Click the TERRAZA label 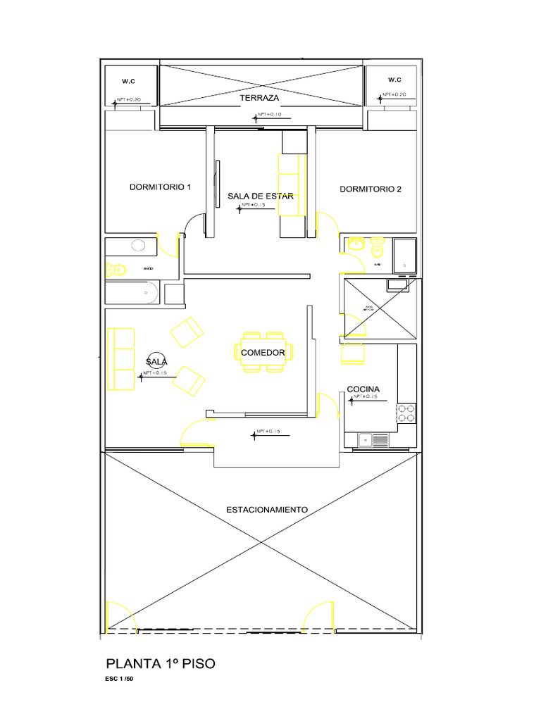coord(260,98)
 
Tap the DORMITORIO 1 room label coord(160,187)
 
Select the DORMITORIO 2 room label coord(371,189)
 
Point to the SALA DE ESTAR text coord(260,196)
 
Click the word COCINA coord(363,389)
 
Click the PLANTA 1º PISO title coord(160,663)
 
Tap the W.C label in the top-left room coord(128,82)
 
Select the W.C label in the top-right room coord(394,80)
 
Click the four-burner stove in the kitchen coord(406,413)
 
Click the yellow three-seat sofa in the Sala coord(120,359)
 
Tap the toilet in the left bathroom coord(116,269)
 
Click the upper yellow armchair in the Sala coord(186,331)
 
